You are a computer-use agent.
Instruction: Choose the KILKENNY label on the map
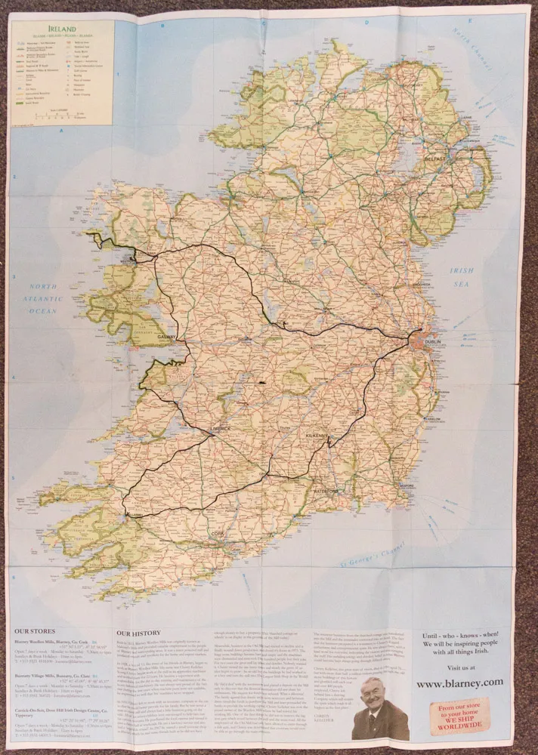click(316, 436)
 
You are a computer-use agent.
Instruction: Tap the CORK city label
click(218, 533)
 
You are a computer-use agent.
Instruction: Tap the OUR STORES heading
click(34, 631)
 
